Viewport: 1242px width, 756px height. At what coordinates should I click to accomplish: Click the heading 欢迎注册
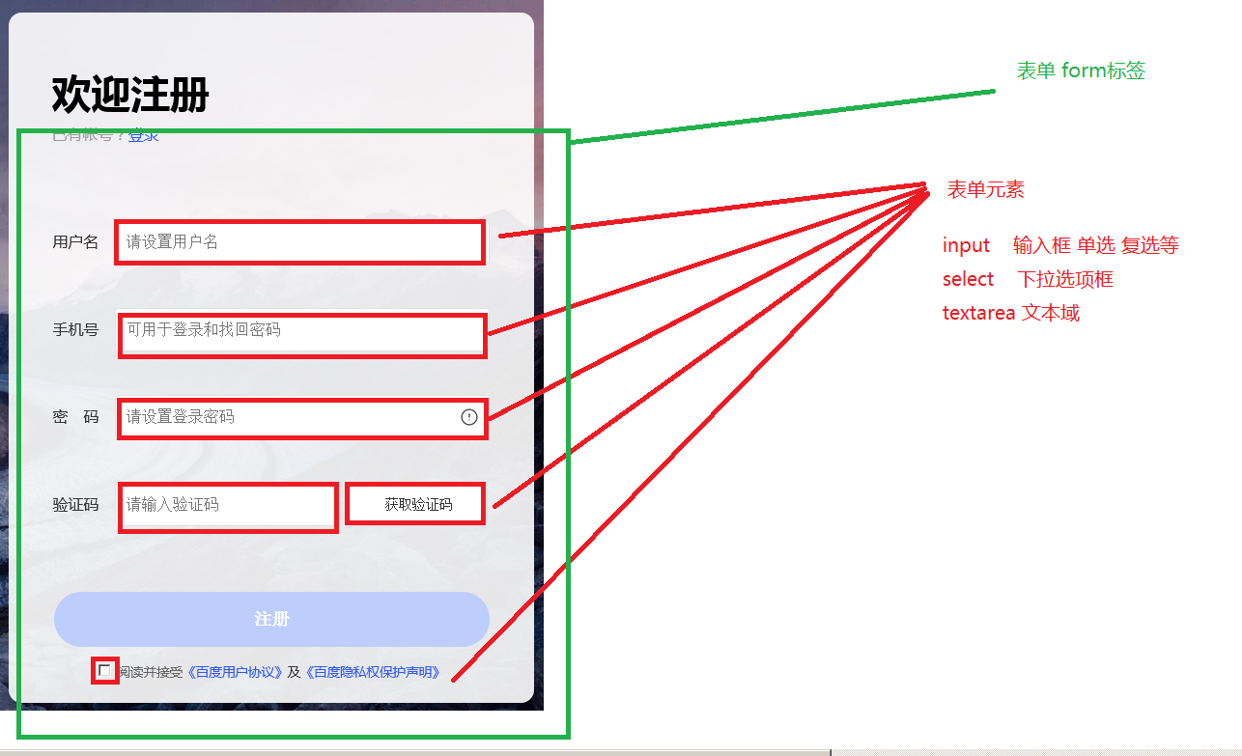(130, 95)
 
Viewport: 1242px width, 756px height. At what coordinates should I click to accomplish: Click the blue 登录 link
(144, 136)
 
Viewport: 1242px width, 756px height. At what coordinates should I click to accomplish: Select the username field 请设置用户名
(299, 242)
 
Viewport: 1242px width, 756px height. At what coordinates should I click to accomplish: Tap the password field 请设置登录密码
(290, 417)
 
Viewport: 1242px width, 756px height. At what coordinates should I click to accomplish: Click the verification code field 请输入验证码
(228, 505)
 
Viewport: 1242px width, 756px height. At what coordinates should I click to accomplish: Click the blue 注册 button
(271, 619)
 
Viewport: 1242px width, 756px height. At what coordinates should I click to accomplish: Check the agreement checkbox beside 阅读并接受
(104, 670)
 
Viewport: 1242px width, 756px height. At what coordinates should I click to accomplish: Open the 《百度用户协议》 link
(235, 672)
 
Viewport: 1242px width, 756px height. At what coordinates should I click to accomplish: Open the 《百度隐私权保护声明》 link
(373, 672)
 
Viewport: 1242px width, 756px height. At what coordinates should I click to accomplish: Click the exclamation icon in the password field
(469, 417)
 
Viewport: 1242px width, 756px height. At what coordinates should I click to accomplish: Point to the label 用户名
(75, 242)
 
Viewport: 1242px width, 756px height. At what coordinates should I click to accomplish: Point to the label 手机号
(75, 330)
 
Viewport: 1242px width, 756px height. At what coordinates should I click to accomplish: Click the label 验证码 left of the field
(75, 505)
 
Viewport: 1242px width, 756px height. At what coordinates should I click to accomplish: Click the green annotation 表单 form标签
(1081, 70)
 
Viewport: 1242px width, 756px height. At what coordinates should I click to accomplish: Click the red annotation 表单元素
(985, 190)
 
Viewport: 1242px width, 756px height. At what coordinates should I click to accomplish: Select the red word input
(966, 245)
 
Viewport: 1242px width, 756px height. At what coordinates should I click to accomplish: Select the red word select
(968, 279)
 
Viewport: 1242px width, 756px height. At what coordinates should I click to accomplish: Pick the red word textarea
(978, 313)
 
